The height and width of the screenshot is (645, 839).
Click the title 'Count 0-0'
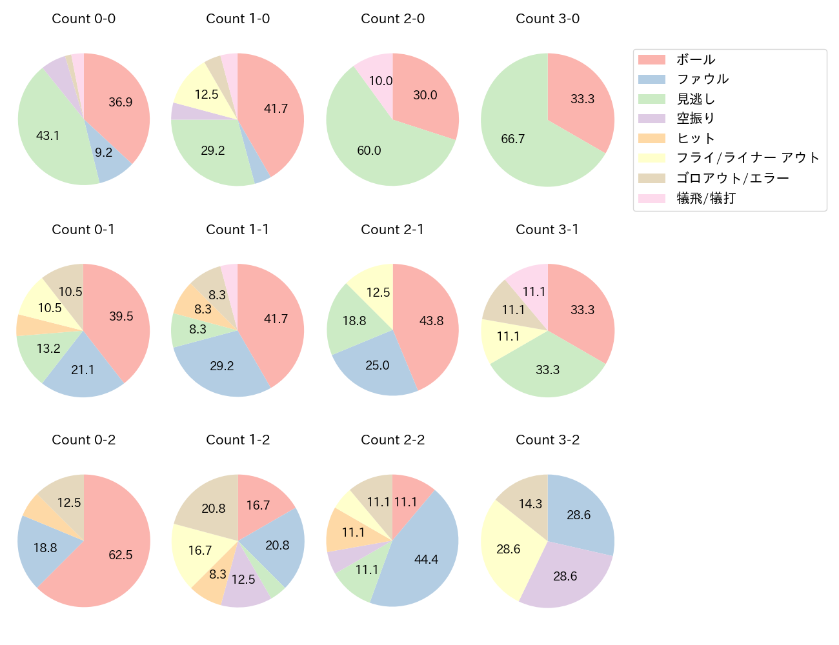(x=83, y=19)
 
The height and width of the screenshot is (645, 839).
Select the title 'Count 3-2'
(x=547, y=440)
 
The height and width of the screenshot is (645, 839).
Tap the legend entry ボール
(x=696, y=59)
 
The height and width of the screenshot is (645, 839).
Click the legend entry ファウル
(x=702, y=79)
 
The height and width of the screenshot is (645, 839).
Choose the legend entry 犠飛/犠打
(x=705, y=198)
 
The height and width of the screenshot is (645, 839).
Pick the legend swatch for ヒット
(x=651, y=139)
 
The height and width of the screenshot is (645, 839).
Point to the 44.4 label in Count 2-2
(x=426, y=559)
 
